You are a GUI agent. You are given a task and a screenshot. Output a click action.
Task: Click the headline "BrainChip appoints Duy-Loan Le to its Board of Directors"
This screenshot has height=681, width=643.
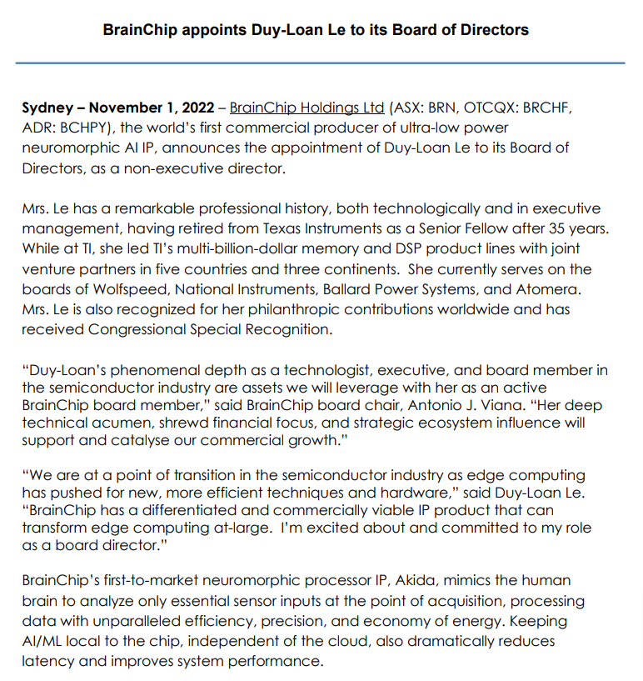pos(316,29)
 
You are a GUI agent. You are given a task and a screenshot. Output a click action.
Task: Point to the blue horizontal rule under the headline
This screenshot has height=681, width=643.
pos(321,63)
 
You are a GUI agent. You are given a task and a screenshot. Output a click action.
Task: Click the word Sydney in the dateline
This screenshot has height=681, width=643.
pos(47,108)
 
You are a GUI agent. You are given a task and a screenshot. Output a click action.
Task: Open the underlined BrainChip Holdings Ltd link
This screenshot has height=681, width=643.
pos(307,108)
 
